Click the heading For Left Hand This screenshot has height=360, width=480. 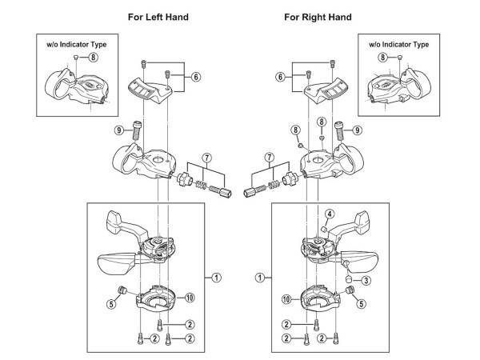pyautogui.click(x=158, y=17)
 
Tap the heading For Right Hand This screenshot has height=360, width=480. pyautogui.click(x=318, y=17)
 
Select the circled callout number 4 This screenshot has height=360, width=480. pyautogui.click(x=330, y=214)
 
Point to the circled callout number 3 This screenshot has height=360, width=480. pyautogui.click(x=366, y=280)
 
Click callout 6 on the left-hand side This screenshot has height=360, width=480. pyautogui.click(x=196, y=77)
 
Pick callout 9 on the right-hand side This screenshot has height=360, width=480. pyautogui.click(x=357, y=130)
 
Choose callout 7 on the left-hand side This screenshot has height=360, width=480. pyautogui.click(x=207, y=158)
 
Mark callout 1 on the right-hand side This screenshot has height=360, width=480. pyautogui.click(x=260, y=278)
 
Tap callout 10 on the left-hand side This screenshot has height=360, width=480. pyautogui.click(x=190, y=298)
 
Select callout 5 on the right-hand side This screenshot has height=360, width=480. pyautogui.click(x=362, y=304)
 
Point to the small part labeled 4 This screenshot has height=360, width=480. pyautogui.click(x=322, y=229)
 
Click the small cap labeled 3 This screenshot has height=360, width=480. pyautogui.click(x=347, y=278)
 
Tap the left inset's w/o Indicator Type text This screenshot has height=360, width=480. pyautogui.click(x=77, y=44)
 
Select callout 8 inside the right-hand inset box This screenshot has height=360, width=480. pyautogui.click(x=382, y=57)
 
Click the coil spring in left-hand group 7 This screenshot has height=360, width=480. pyautogui.click(x=201, y=185)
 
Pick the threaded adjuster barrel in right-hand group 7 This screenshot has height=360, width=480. pyautogui.click(x=254, y=191)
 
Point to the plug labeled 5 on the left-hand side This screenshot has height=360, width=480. pyautogui.click(x=122, y=290)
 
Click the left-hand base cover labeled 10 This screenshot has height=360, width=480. pyautogui.click(x=157, y=298)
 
